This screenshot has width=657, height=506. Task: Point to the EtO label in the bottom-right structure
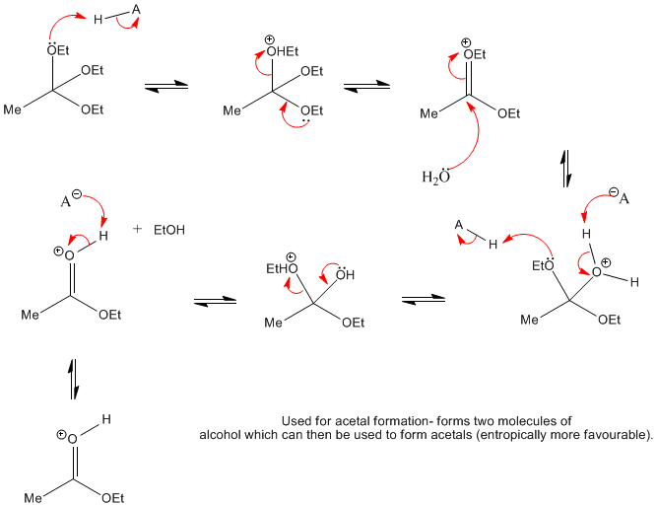(542, 264)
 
